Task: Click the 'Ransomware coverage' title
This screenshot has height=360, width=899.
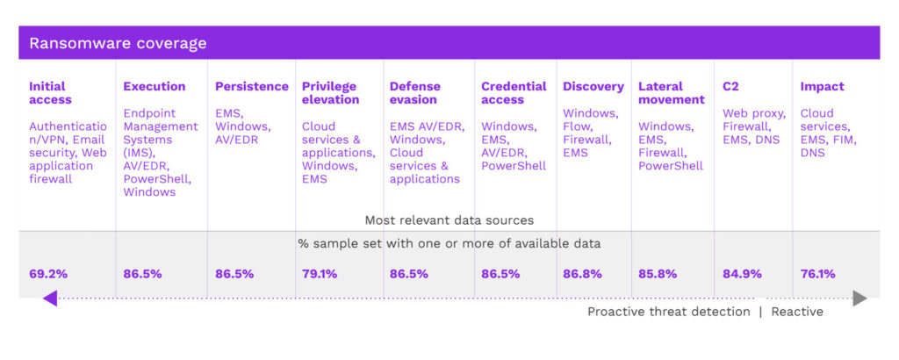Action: [x=119, y=43]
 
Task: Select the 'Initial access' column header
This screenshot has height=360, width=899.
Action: [x=47, y=93]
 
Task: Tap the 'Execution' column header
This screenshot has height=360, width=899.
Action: [x=155, y=86]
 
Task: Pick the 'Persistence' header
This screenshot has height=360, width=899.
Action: [x=252, y=86]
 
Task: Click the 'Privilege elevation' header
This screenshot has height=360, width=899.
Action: [x=330, y=93]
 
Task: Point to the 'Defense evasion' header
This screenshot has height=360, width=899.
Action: [x=415, y=93]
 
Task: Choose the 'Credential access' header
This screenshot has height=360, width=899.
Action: [x=514, y=93]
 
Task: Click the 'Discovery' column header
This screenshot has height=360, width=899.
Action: [x=593, y=86]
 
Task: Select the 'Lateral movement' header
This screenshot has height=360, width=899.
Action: [x=672, y=93]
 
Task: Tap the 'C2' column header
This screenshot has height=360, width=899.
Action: [x=730, y=86]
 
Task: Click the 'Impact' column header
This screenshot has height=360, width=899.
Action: [x=822, y=86]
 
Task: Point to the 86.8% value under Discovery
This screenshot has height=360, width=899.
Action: [x=582, y=273]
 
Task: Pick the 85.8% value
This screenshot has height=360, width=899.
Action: [x=658, y=273]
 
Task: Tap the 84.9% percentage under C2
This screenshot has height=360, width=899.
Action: [x=742, y=273]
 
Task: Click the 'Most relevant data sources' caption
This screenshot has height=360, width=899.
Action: [x=449, y=220]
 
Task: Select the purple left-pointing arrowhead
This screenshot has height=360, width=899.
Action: [x=50, y=299]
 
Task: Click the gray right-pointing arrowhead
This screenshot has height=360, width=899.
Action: [x=859, y=299]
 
